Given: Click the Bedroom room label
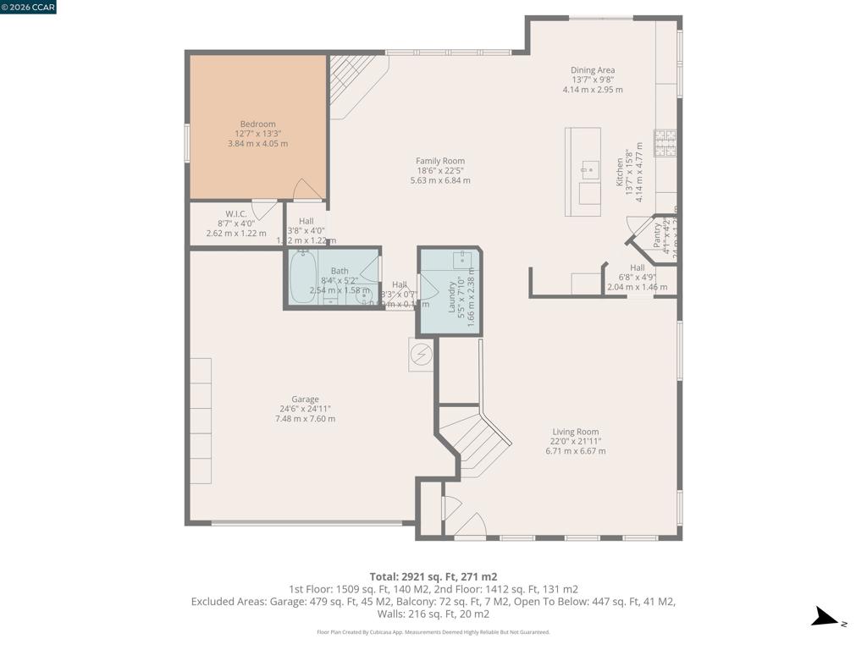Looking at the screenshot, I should click(257, 124).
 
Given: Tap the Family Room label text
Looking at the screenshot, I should click(440, 161).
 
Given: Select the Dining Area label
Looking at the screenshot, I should click(593, 70).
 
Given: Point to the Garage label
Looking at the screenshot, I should click(305, 399).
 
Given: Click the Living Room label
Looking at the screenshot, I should click(576, 432).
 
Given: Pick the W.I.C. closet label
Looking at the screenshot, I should click(235, 214).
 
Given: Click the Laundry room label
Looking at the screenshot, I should click(451, 292).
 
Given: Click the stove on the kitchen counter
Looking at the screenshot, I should click(665, 142).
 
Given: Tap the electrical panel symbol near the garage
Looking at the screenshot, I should click(421, 354).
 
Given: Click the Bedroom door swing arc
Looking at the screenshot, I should click(306, 190).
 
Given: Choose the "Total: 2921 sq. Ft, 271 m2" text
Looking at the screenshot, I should click(433, 577).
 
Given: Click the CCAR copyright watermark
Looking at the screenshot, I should click(29, 7).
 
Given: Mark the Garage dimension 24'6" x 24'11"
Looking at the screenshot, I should click(305, 409).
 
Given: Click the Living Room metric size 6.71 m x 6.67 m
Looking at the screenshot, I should click(576, 451).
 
